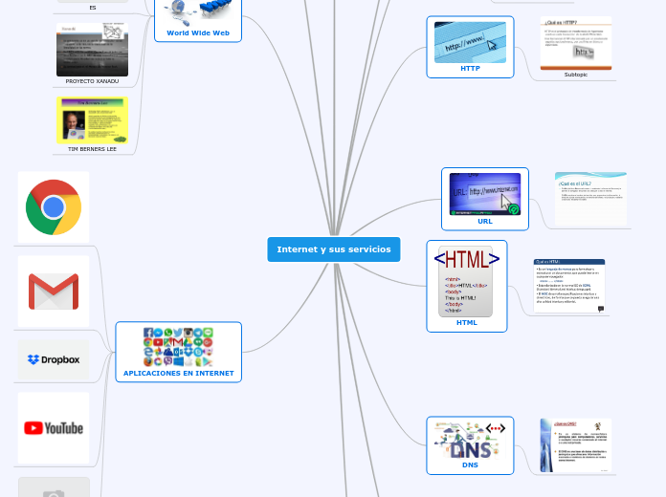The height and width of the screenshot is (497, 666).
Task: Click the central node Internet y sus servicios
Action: [x=333, y=249]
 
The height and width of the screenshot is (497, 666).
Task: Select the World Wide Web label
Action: [x=198, y=32]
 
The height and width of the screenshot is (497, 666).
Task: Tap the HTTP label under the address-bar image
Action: [x=470, y=69]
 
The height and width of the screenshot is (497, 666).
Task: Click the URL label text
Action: [x=485, y=221]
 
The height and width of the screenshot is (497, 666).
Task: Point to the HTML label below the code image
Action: [x=466, y=322]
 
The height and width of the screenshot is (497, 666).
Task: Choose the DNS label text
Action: [x=470, y=465]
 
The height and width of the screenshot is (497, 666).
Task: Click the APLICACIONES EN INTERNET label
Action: [x=178, y=373]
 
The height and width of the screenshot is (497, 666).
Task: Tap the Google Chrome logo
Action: [x=54, y=207]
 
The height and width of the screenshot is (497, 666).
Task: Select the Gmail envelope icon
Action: [x=54, y=292]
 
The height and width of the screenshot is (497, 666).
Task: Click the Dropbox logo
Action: [x=54, y=360]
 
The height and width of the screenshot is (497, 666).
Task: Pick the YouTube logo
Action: [x=54, y=428]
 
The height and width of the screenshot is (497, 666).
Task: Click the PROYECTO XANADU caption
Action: [x=92, y=81]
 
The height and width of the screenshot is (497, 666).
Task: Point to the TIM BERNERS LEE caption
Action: [x=92, y=149]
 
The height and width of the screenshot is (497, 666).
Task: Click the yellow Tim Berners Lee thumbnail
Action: [x=92, y=119]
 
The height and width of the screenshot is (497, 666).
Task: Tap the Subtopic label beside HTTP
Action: [x=576, y=75]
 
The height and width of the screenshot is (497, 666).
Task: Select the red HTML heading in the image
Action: [x=466, y=259]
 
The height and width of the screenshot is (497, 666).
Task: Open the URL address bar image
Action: [x=485, y=194]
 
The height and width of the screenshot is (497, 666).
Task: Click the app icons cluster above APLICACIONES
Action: [x=178, y=347]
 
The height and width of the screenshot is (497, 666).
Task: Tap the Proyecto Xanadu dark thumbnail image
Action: [x=92, y=50]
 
